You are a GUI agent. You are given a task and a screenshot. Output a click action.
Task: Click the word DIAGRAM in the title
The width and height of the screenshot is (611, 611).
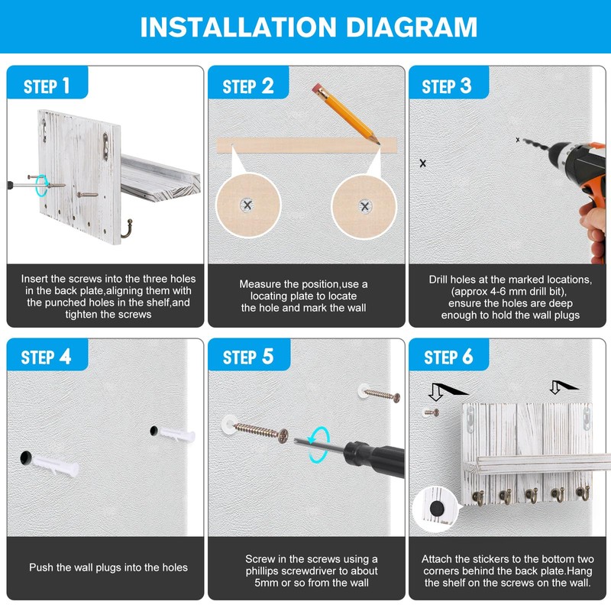tap(412, 27)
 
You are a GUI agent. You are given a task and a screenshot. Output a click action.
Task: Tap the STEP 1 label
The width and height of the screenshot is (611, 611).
tap(47, 86)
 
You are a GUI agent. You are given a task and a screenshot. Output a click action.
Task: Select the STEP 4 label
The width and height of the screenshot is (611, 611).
tap(46, 357)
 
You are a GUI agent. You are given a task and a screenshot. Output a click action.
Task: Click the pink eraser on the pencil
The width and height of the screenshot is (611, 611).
tap(316, 87)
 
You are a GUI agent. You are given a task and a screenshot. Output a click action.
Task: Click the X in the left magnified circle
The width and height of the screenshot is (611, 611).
tap(247, 205)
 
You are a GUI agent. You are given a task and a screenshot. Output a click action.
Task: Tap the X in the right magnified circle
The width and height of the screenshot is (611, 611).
tap(365, 206)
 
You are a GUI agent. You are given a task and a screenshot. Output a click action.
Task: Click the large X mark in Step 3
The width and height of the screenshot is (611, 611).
tap(423, 163)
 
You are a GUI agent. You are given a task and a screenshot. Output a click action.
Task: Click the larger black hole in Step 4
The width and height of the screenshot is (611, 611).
tap(25, 457)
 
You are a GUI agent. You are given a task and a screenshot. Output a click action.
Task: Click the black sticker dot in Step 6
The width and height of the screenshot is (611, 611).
tap(437, 508)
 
